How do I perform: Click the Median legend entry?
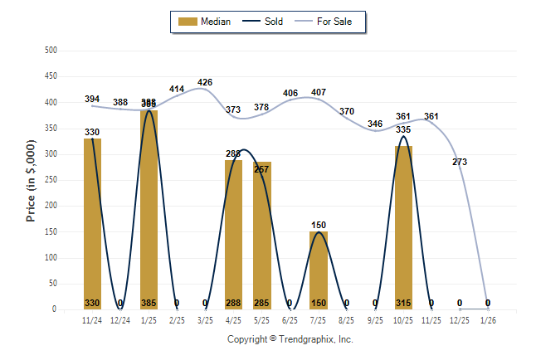(204, 22)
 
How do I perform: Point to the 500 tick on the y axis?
(51, 51)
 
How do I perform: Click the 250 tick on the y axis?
(51, 180)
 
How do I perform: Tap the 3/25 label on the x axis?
(205, 319)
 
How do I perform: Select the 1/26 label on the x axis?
(488, 319)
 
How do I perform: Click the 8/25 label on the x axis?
(347, 319)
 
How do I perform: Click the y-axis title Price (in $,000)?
(32, 180)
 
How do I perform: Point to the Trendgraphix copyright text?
(290, 339)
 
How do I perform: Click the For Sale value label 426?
(205, 82)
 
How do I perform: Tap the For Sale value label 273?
(460, 162)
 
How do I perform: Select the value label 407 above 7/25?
(319, 92)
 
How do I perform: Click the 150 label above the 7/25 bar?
(319, 225)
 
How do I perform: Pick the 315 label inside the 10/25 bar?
(403, 303)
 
